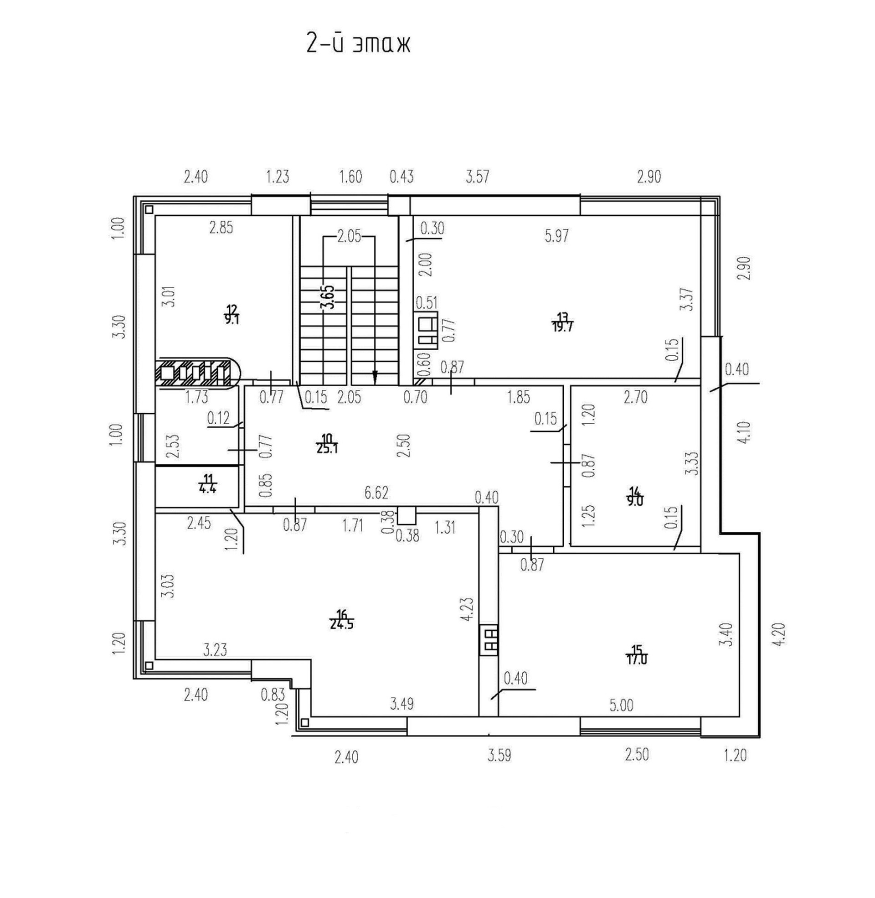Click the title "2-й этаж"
pyautogui.click(x=358, y=44)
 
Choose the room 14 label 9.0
pyautogui.click(x=636, y=497)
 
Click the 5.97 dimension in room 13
pyautogui.click(x=556, y=236)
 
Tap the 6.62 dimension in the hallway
pyautogui.click(x=376, y=493)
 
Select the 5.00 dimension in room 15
pyautogui.click(x=621, y=705)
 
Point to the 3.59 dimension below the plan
pyautogui.click(x=499, y=755)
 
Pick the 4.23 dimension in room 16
pyautogui.click(x=468, y=610)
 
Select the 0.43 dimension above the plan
pyautogui.click(x=401, y=176)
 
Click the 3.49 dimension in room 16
pyautogui.click(x=401, y=704)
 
